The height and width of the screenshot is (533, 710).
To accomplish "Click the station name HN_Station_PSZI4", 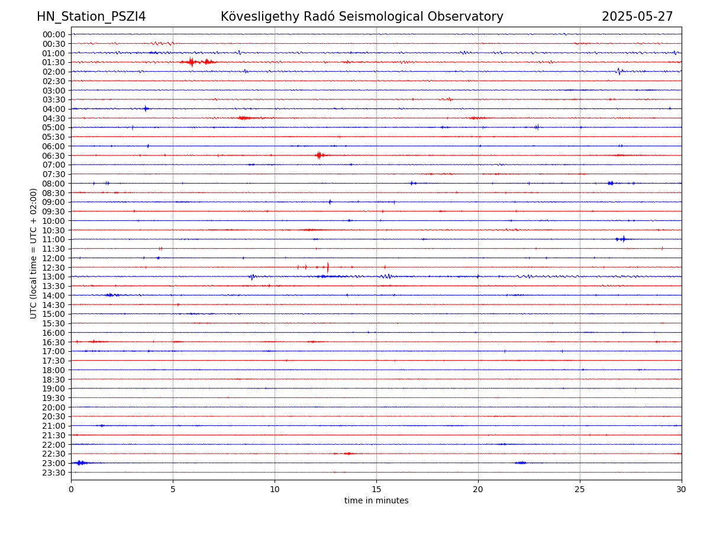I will coord(91,17).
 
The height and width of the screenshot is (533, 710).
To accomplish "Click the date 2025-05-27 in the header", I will coord(637,17).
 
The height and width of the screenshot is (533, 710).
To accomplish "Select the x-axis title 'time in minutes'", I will coord(376,500).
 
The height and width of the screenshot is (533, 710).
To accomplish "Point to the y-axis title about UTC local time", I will coord(34,253).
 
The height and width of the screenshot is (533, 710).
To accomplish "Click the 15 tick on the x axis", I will coord(376,489).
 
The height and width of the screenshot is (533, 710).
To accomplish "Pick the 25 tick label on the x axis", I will coord(580,489).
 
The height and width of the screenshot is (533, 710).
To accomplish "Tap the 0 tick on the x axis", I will coord(71,489).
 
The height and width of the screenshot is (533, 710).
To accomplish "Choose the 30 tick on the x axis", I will coord(682,489).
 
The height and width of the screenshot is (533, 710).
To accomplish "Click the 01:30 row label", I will coord(54,62).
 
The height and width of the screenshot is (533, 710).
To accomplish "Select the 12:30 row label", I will coord(54,268).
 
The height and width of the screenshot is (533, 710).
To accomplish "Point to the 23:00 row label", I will coord(54,463).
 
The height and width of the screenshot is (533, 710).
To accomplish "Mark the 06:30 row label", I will coord(54,156).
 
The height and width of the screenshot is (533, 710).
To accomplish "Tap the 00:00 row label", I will coord(54,34).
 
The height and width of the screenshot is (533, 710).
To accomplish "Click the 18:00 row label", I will coord(54,370).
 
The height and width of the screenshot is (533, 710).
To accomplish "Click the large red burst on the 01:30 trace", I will coord(191,62).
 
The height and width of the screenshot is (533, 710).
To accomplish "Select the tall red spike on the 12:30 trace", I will coord(328,267).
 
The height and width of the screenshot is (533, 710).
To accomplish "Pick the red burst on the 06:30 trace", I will coord(319,155).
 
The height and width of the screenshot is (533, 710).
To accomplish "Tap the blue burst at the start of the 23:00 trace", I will coord(80,463).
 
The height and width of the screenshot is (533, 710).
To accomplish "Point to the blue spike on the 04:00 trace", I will coord(146,108).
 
